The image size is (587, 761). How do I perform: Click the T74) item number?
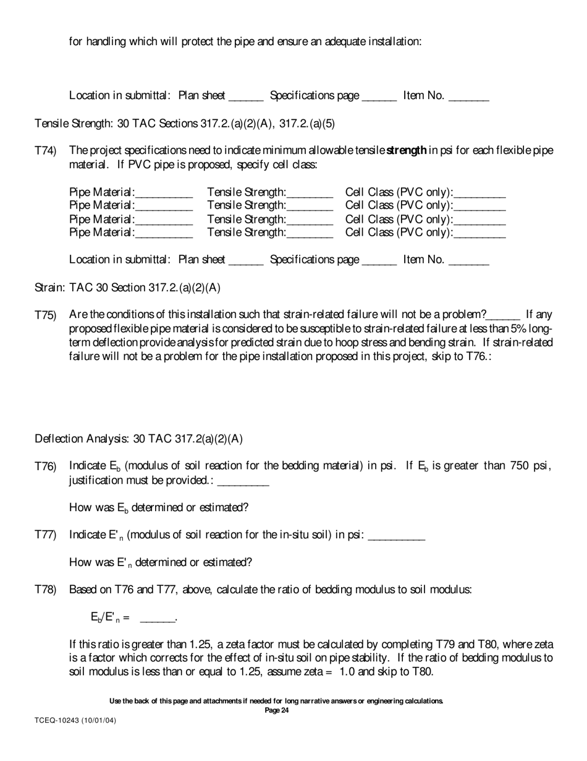(x=45, y=151)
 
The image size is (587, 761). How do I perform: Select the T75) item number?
(x=45, y=315)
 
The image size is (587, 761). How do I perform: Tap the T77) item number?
(x=45, y=535)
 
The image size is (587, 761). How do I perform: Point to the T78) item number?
(x=45, y=590)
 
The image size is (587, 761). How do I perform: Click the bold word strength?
(x=406, y=150)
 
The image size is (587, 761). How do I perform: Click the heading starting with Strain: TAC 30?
(x=127, y=288)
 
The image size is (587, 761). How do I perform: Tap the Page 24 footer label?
(x=276, y=710)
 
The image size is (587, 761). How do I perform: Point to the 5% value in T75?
(x=518, y=329)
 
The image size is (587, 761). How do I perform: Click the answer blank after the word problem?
(x=504, y=315)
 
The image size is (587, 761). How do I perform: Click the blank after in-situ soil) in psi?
(x=396, y=535)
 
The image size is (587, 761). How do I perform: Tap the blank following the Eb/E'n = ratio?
(x=158, y=617)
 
